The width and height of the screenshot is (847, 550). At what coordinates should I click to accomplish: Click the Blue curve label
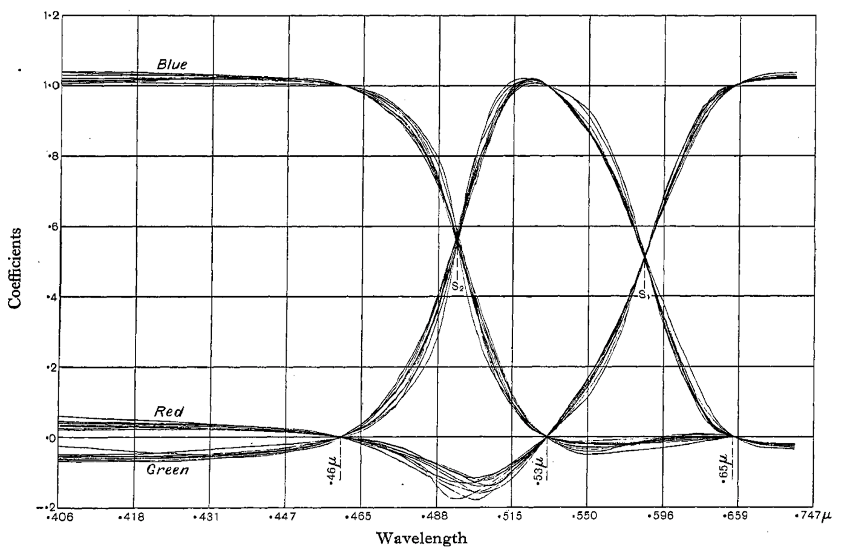172,64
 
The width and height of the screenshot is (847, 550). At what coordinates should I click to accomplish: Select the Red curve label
169,411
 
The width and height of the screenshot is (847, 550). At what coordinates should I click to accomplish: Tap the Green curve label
168,470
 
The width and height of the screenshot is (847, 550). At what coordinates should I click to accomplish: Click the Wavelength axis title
422,537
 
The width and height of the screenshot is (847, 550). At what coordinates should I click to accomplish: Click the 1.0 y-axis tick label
51,85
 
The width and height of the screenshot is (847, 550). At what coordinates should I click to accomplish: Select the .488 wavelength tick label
436,517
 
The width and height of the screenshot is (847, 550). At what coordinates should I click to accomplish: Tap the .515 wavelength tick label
510,517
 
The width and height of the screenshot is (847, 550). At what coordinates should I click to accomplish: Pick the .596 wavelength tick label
662,517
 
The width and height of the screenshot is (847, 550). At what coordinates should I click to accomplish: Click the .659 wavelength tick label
736,517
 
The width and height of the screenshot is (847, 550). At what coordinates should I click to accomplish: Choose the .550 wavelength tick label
586,517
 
